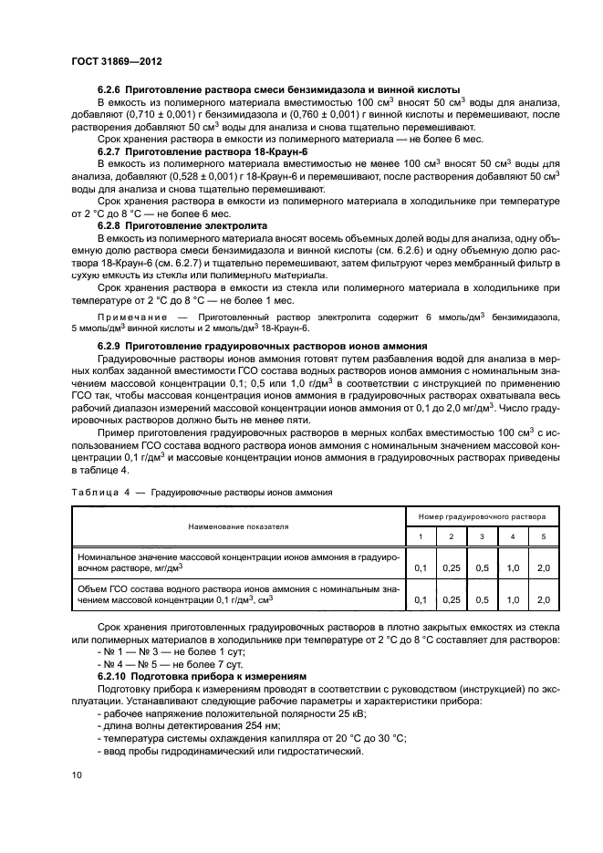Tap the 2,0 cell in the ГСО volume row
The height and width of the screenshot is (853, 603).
coord(544,599)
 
